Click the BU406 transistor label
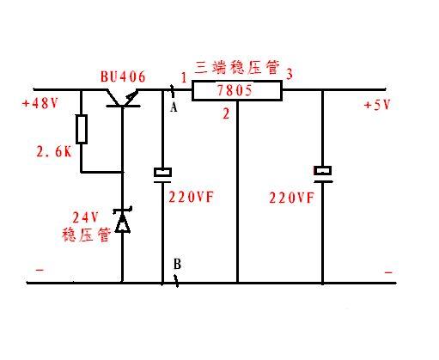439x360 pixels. coord(123,77)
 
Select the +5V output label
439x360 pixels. coord(378,106)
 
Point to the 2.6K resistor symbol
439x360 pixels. coord(81,130)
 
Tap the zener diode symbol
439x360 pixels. coord(122,221)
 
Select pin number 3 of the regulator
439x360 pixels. coord(290,74)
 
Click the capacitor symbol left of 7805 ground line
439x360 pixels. coord(162,174)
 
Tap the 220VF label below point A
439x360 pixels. coord(190,196)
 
